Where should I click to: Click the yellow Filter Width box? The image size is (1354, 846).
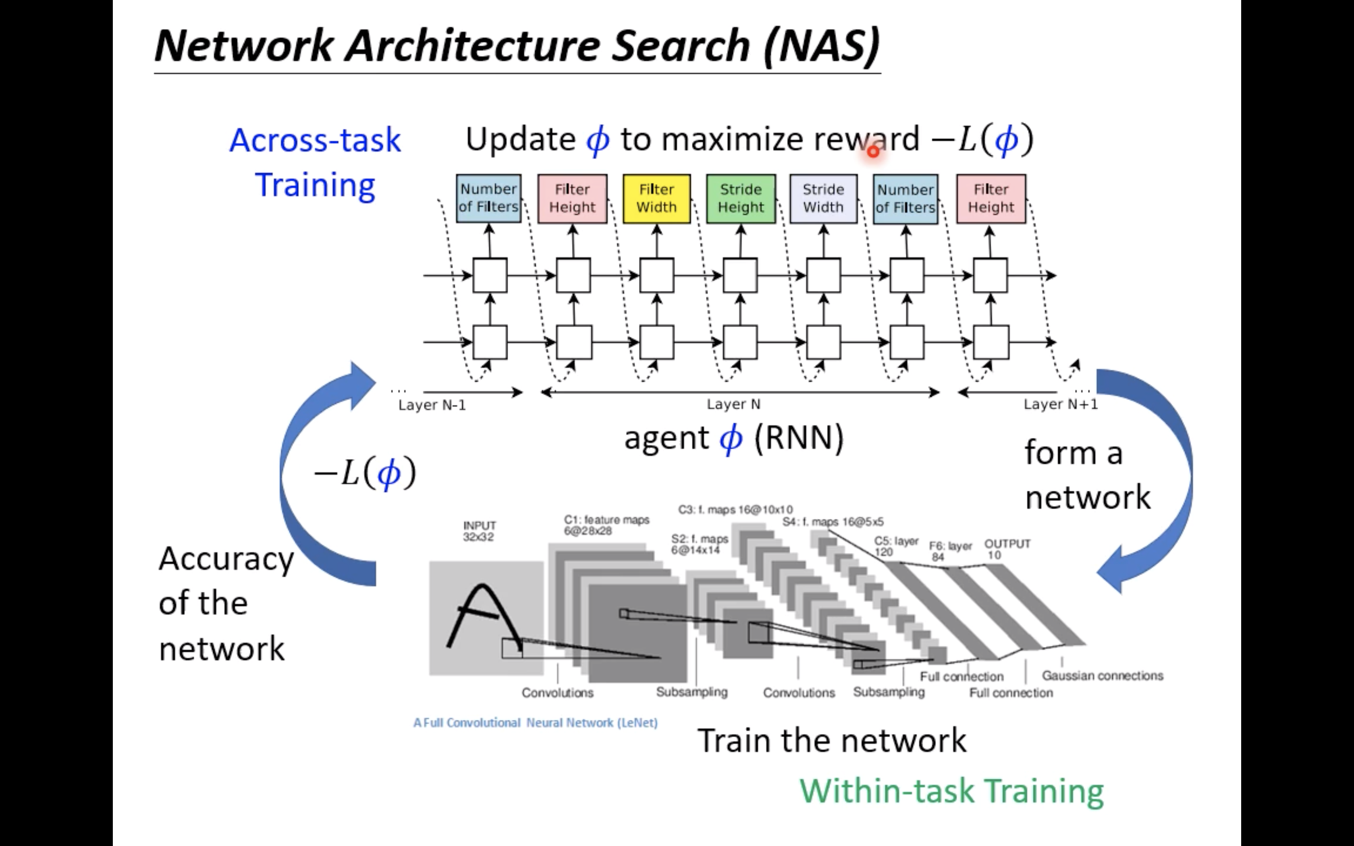coord(656,199)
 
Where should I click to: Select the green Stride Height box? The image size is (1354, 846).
coord(741,199)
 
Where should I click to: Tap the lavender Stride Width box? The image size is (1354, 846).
coord(823,199)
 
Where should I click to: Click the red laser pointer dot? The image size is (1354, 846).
coord(873,151)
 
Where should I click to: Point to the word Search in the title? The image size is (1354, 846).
coord(680,46)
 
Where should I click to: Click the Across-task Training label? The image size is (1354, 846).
coord(315,162)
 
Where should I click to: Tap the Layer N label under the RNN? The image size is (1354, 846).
coord(733,404)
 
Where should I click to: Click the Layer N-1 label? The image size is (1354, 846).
coord(432,405)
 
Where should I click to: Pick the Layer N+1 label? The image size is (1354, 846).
coord(1060,404)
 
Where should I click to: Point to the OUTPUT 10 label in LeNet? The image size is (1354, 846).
coord(1007,549)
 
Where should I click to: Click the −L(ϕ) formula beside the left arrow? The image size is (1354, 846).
coord(365,473)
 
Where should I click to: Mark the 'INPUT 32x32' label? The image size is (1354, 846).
coord(480,531)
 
